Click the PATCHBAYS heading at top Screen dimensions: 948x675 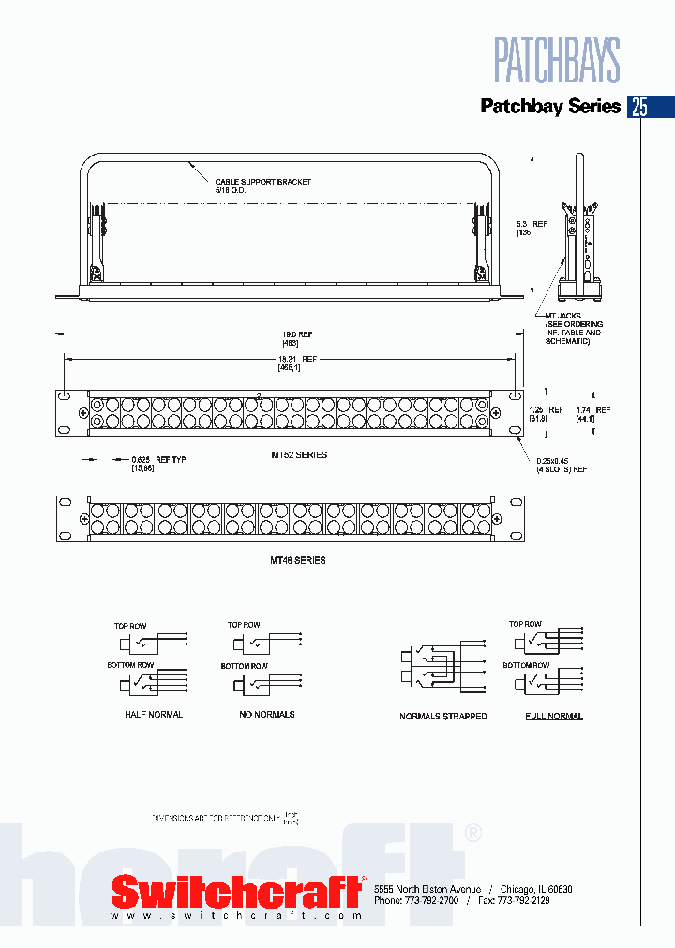click(557, 61)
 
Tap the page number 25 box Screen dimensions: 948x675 click(639, 106)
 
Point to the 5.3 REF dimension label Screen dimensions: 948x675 click(532, 228)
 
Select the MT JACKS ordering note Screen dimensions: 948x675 click(574, 329)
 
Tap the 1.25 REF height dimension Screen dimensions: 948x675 click(546, 414)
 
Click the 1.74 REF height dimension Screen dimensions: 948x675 click(592, 414)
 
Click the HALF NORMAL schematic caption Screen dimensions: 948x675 click(154, 715)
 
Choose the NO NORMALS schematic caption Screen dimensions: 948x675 click(268, 715)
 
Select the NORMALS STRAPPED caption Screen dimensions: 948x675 click(442, 717)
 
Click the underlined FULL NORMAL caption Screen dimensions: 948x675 click(553, 717)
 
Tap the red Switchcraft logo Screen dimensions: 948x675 click(237, 890)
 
